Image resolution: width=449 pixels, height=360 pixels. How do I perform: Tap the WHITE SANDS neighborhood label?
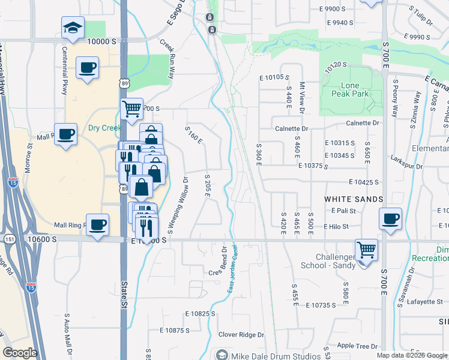tap(354, 199)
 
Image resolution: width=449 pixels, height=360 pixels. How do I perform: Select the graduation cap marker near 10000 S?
tap(72, 28)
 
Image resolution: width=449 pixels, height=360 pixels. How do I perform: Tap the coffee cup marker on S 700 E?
tap(390, 219)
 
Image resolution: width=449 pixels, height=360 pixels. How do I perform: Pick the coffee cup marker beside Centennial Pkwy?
tap(87, 67)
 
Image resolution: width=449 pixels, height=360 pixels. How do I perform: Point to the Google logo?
tap(20, 353)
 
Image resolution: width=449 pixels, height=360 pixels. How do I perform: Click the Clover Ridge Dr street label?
tap(241, 334)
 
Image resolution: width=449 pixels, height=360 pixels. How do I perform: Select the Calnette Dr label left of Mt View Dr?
tap(291, 128)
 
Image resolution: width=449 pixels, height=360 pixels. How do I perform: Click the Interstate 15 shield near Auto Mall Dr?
tap(31, 289)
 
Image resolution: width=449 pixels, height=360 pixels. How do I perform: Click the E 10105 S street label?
tap(274, 77)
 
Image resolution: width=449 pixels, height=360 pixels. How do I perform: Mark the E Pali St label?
tap(343, 211)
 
